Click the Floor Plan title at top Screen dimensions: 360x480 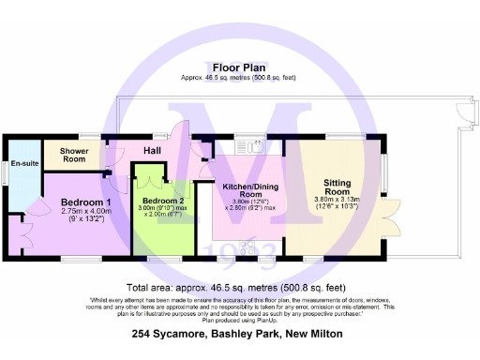click(x=239, y=67)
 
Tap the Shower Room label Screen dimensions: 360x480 click(x=73, y=155)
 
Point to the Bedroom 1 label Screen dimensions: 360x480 click(x=86, y=202)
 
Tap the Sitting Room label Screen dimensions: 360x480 click(x=336, y=187)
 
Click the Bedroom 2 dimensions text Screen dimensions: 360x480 click(x=165, y=212)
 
